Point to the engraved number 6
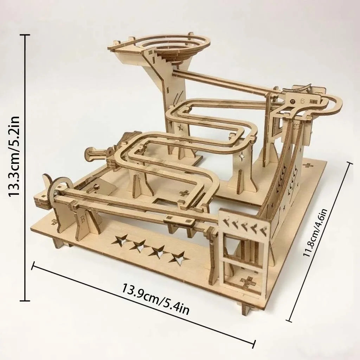coord(302,100)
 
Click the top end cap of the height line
coord(25,35)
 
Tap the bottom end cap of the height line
coord(25,301)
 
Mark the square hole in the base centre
coord(163,203)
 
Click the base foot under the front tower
coord(247,308)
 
